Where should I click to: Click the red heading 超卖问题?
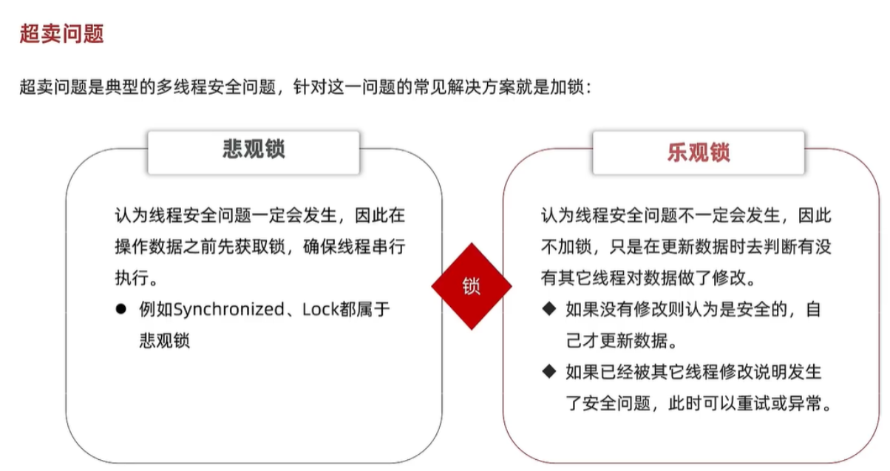click(61, 34)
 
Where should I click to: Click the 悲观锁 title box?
click(254, 151)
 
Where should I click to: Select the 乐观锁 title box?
click(698, 152)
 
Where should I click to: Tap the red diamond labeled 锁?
click(472, 287)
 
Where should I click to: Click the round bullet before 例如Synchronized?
click(121, 309)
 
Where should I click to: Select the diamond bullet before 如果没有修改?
click(548, 309)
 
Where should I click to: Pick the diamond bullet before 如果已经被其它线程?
click(548, 371)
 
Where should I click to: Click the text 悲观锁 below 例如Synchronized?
click(164, 341)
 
